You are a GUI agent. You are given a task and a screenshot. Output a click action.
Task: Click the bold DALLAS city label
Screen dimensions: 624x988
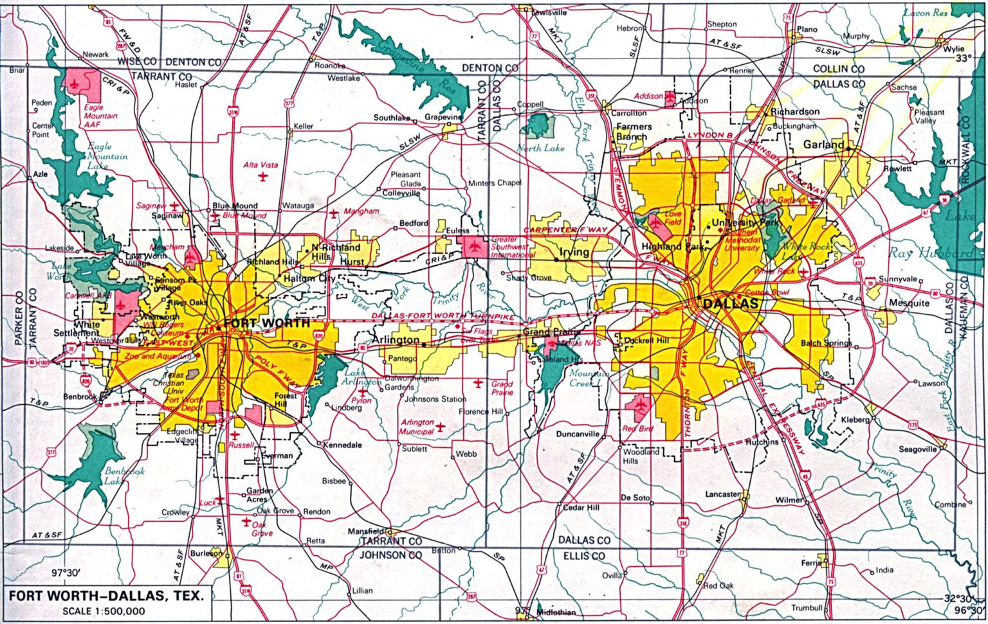[731, 304]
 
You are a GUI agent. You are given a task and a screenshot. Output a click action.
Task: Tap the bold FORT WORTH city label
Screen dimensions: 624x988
[266, 323]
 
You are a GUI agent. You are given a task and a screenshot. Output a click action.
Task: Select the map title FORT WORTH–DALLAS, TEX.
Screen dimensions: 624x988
[105, 595]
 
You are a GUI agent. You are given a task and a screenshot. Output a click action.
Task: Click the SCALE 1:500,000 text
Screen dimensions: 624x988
[104, 611]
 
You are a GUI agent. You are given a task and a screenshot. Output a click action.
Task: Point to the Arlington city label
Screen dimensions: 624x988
[396, 339]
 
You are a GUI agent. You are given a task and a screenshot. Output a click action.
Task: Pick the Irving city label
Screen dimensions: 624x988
[574, 253]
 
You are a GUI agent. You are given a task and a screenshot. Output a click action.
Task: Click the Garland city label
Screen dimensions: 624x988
[823, 145]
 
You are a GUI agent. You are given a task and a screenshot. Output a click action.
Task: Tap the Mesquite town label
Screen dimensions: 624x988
[909, 303]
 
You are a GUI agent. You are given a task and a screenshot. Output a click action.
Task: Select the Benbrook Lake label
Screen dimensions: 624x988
[124, 476]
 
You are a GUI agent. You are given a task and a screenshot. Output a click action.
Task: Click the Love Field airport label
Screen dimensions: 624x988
[673, 218]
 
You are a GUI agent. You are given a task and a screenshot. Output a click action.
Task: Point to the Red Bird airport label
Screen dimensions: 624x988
[637, 429]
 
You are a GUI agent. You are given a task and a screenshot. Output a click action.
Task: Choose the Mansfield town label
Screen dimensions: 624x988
[365, 531]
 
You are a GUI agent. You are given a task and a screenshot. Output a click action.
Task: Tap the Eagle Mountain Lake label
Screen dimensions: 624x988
[107, 156]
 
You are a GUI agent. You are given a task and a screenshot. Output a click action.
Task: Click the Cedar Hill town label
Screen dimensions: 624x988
[581, 507]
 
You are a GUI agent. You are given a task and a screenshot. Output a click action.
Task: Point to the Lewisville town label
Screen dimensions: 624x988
[549, 12]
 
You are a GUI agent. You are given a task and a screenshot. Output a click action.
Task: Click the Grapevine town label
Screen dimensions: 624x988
[443, 118]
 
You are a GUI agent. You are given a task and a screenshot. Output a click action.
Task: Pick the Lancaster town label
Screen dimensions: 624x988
[723, 494]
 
